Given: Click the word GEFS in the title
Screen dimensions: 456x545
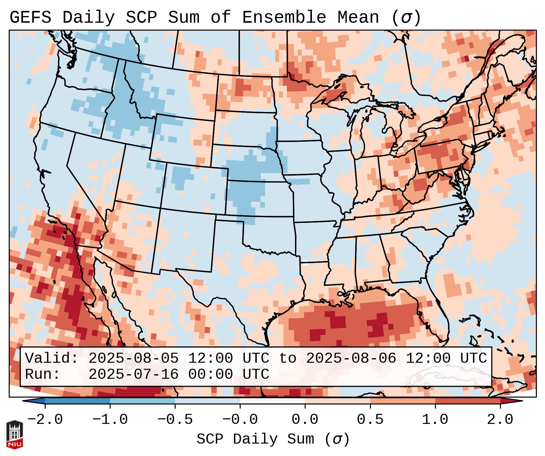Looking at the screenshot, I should tap(31, 17).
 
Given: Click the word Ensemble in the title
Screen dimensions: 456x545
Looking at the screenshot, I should tap(284, 17).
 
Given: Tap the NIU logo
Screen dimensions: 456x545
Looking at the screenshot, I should tap(14, 435).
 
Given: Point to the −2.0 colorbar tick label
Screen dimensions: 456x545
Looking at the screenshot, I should tap(45, 419).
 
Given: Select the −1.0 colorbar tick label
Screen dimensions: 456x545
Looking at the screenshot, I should tap(110, 419).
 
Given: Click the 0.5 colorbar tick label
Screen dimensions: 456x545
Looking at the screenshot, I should tap(370, 419).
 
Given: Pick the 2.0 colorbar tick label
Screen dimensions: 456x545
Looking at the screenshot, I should tap(500, 419).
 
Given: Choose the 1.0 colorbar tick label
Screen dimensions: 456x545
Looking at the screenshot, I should tap(435, 419).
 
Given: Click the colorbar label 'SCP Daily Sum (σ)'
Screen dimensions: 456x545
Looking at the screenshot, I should tap(273, 439).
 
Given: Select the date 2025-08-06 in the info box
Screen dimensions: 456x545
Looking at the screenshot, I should tap(351, 358).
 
